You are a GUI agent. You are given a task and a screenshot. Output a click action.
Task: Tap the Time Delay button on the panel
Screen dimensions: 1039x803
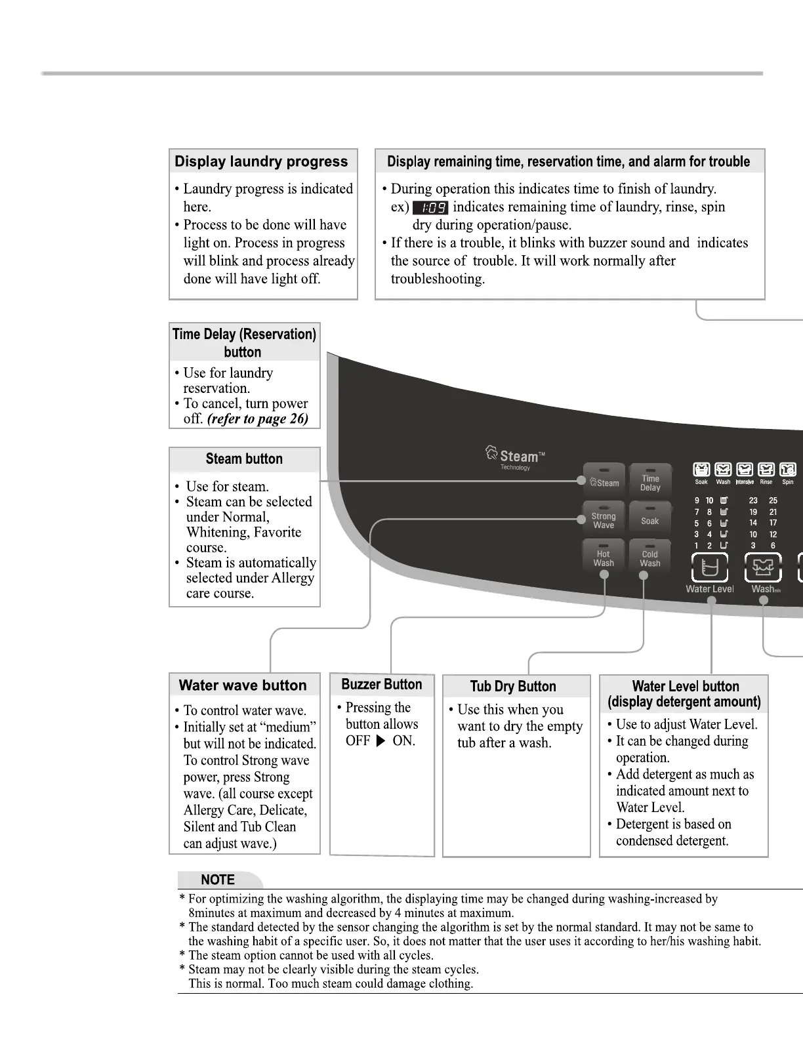pyautogui.click(x=650, y=482)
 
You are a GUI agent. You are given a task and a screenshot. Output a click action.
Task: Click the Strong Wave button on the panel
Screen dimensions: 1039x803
pyautogui.click(x=604, y=519)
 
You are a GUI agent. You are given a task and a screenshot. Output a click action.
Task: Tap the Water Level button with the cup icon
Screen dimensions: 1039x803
pyautogui.click(x=710, y=567)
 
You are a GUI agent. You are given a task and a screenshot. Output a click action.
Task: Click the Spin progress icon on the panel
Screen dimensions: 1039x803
pyautogui.click(x=787, y=470)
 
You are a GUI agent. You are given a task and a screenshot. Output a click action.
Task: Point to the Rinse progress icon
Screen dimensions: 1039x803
pyautogui.click(x=766, y=470)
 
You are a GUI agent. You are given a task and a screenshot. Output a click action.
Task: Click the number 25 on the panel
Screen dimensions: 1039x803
pyautogui.click(x=773, y=500)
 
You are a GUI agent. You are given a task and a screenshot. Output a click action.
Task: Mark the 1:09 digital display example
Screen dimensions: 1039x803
pyautogui.click(x=430, y=208)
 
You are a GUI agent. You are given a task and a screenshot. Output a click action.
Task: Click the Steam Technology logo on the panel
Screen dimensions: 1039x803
pyautogui.click(x=515, y=458)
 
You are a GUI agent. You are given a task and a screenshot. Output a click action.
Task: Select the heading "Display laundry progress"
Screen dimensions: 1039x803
pyautogui.click(x=261, y=161)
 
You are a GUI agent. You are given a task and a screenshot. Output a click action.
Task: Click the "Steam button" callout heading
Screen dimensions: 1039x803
pyautogui.click(x=244, y=459)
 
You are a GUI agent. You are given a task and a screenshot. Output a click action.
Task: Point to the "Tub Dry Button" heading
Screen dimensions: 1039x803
pyautogui.click(x=513, y=687)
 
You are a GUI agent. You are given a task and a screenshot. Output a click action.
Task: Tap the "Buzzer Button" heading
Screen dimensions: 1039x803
pyautogui.click(x=382, y=685)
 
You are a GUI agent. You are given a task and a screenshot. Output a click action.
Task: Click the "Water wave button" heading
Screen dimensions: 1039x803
pyautogui.click(x=243, y=685)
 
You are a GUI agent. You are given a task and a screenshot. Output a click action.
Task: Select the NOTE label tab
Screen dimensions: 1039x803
pyautogui.click(x=218, y=880)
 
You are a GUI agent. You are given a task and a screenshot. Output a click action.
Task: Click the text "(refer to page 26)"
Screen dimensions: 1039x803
pyautogui.click(x=258, y=419)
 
